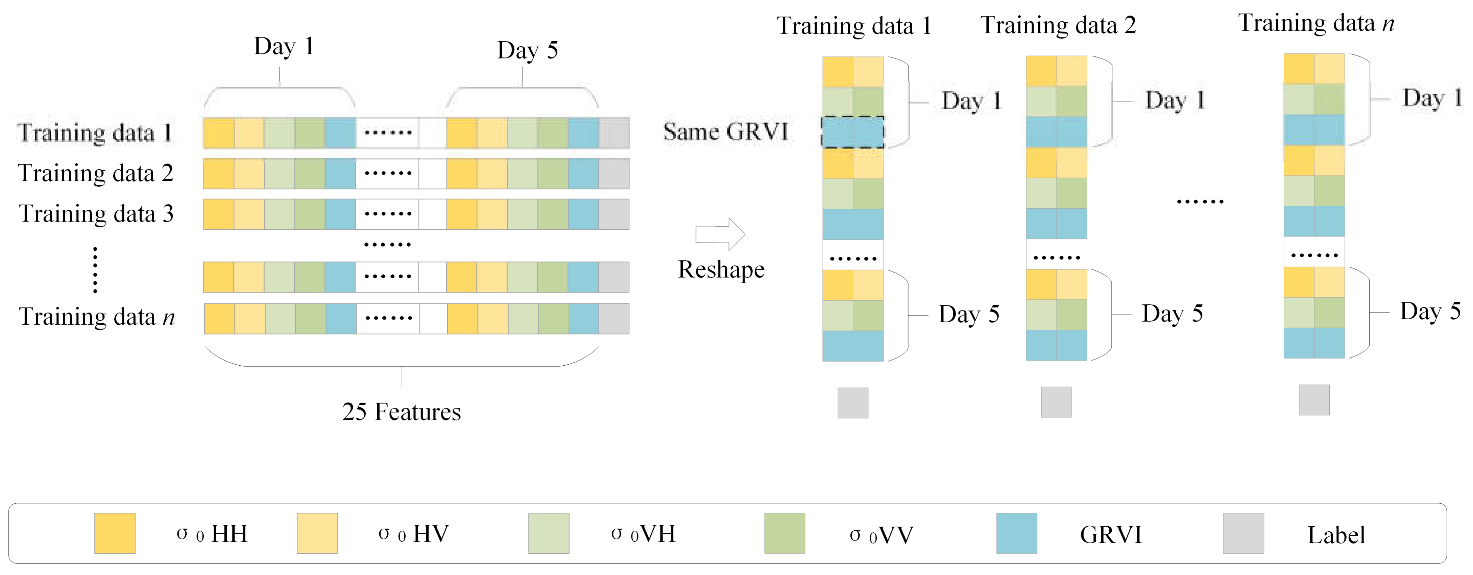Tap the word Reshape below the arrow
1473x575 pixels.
point(721,270)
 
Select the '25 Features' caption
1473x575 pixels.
point(402,412)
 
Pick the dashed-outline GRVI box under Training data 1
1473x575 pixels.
point(852,132)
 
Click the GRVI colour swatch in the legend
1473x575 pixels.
point(1016,533)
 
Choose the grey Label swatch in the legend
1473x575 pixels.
point(1243,533)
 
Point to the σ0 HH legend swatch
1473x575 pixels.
point(115,533)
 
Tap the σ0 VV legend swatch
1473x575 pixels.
point(784,533)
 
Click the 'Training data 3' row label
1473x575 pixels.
point(96,214)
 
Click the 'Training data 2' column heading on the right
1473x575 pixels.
point(1058,26)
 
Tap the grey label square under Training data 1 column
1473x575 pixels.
point(852,403)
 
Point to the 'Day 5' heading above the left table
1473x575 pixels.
point(527,50)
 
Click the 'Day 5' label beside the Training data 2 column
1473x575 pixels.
point(1172,314)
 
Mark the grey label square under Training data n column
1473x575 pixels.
point(1314,400)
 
